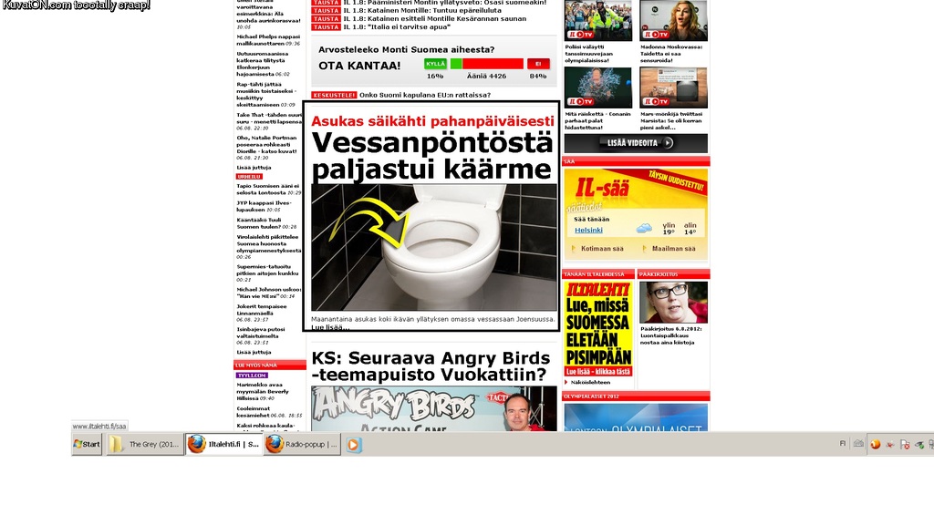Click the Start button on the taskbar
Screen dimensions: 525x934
87,444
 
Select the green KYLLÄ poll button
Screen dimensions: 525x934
435,64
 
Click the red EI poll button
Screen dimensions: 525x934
538,64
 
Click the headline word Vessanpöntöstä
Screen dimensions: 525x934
431,143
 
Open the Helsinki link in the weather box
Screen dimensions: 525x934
588,230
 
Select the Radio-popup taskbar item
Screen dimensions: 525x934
302,444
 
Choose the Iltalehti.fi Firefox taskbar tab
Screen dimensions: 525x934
223,444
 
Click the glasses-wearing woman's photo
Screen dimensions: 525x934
673,302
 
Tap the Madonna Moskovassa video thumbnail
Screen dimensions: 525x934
673,20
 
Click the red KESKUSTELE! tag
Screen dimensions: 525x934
333,95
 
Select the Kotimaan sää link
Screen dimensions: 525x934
602,249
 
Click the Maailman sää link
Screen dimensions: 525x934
673,249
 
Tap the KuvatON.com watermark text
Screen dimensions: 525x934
76,5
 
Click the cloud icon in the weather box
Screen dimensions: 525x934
644,228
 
